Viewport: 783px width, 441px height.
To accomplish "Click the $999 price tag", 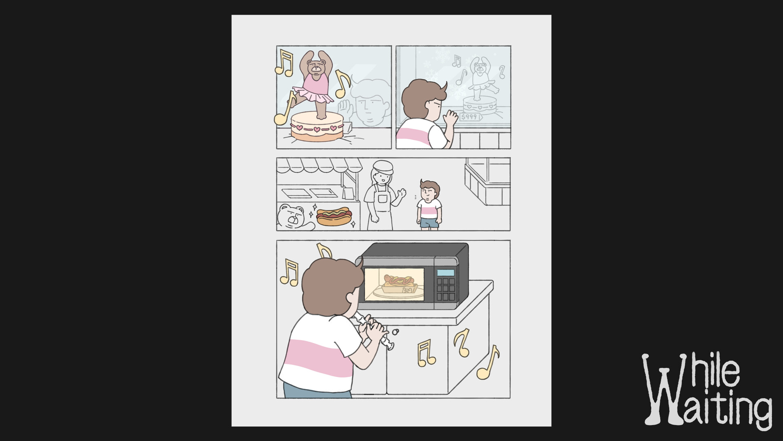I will coord(470,117).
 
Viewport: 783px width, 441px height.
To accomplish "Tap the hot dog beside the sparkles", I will coord(334,217).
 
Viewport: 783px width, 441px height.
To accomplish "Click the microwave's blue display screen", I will coord(445,272).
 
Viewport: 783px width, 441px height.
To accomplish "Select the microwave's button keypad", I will coord(446,290).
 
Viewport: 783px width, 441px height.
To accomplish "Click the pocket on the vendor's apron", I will coord(382,199).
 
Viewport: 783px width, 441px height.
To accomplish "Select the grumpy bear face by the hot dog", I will coord(290,216).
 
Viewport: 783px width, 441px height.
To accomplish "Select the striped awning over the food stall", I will coord(319,165).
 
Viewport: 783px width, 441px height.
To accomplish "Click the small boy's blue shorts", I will coord(429,223).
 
